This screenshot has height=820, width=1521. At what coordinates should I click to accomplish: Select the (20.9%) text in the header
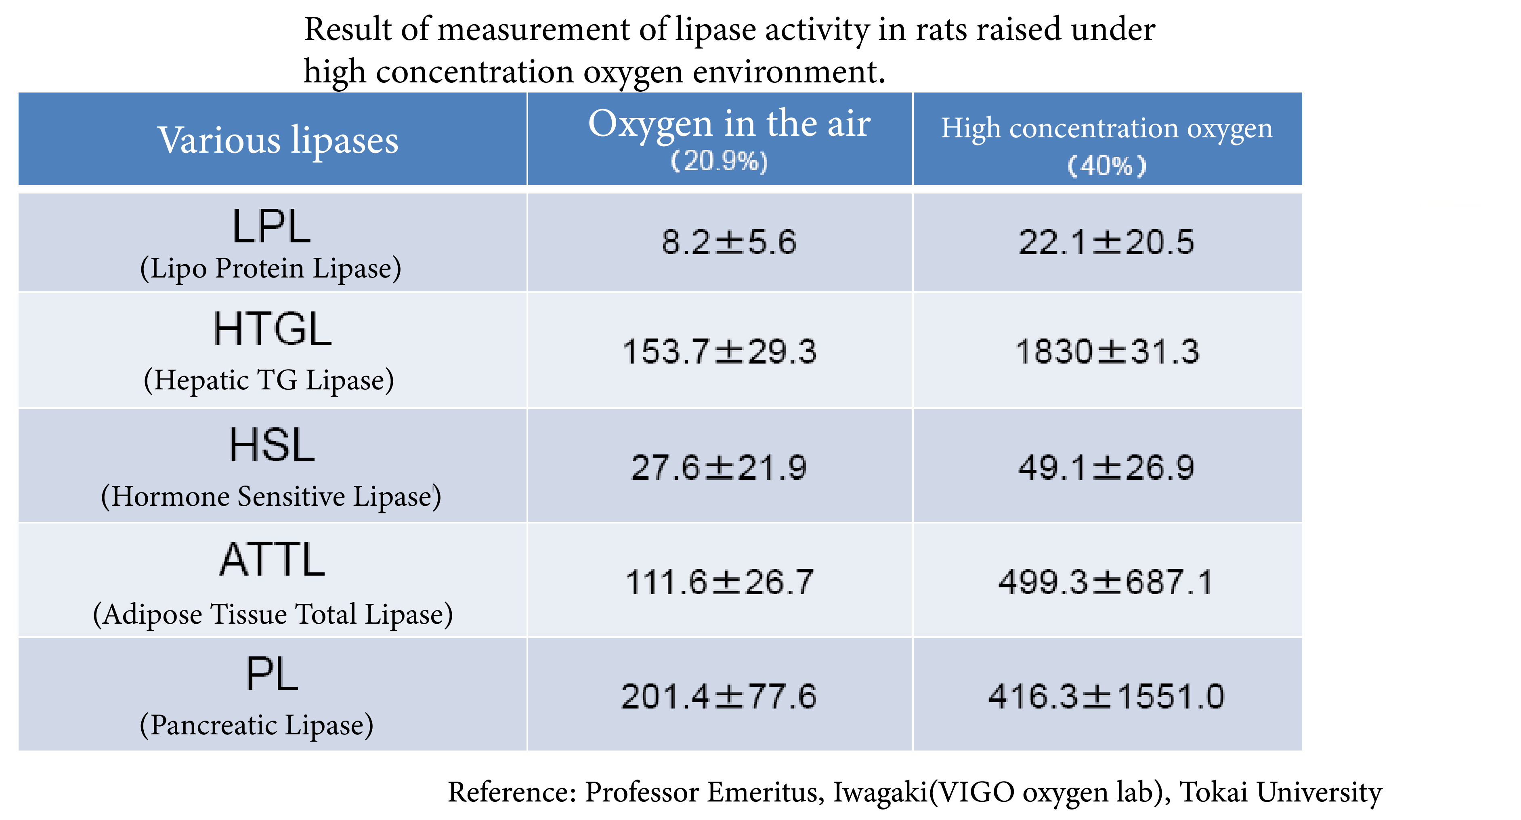point(719,161)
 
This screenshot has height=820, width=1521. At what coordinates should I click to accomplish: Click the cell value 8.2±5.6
point(729,242)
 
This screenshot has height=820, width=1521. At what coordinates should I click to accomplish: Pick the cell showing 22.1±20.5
point(1106,242)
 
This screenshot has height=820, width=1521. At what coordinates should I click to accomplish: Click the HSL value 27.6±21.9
point(719,468)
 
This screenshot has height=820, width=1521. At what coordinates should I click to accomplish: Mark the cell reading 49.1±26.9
point(1106,468)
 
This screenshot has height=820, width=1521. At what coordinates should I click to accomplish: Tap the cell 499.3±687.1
point(1106,582)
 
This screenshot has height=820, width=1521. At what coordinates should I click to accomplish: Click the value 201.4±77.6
point(719,696)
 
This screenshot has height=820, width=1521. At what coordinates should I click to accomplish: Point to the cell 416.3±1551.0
point(1106,696)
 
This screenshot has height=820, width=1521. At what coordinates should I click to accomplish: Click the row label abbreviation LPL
point(271,227)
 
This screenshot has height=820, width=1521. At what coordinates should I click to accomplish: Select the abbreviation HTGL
point(272,330)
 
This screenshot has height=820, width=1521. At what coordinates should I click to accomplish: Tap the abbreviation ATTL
point(272,560)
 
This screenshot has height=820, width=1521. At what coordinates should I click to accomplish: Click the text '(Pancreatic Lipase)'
point(256,725)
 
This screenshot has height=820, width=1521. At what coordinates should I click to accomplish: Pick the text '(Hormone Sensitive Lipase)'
point(271,496)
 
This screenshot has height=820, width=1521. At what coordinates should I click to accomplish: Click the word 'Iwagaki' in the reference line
point(880,792)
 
